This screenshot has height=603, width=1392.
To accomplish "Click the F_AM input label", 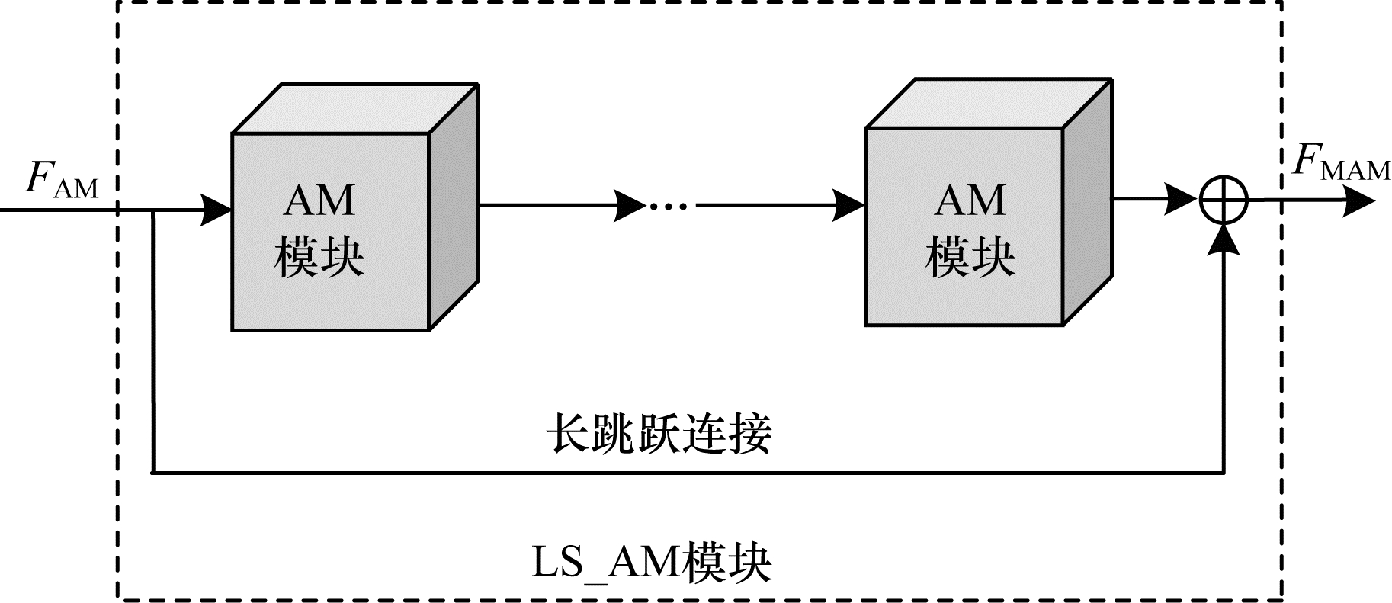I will pos(62,180).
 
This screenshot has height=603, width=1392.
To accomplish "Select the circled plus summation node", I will pos(1223,201).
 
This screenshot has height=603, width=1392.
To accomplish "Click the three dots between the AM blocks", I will pos(668,206).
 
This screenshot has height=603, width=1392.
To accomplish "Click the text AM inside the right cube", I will pos(970,200).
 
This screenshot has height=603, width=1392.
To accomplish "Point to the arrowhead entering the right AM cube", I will pos(849,205).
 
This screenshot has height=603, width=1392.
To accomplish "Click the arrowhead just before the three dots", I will pos(631,206).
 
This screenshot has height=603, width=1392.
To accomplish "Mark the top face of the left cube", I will pos(354,108).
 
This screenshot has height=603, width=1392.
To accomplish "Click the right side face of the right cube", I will pos(1086,202).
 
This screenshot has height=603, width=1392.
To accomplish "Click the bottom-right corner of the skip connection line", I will pos(1224,473).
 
